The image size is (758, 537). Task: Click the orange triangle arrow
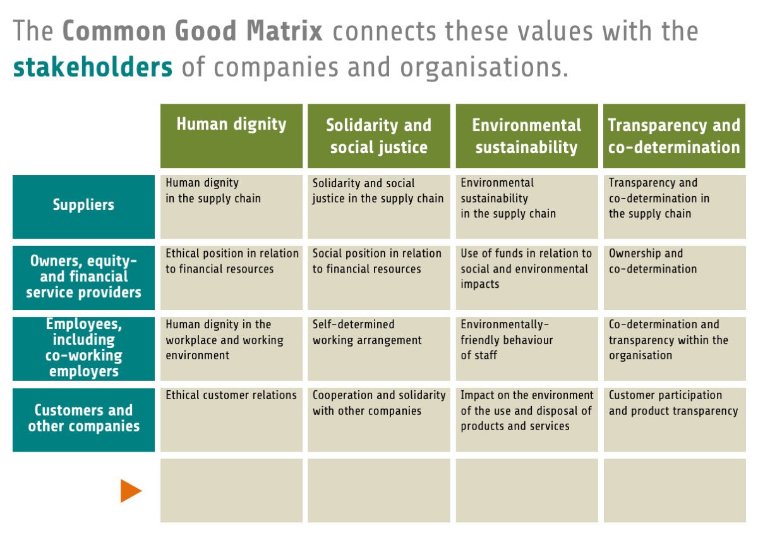(131, 491)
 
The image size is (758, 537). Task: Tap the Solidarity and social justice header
(378, 136)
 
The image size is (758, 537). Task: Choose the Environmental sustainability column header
(526, 136)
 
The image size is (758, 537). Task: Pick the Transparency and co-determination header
(674, 136)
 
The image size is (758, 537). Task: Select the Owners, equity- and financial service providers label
(83, 276)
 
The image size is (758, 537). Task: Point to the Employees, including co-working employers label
(83, 348)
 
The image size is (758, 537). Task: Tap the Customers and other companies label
(83, 418)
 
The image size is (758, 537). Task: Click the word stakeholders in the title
(93, 67)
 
